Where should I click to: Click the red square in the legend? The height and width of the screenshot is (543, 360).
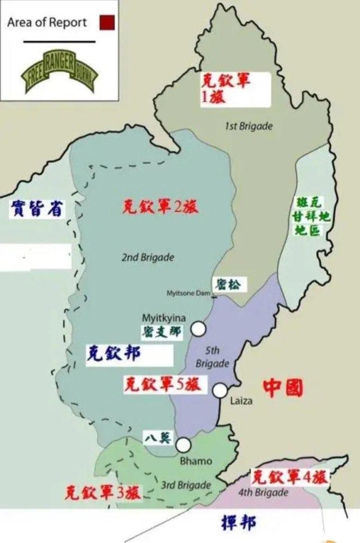(x=107, y=23)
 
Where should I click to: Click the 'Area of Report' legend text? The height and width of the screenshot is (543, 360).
(x=47, y=23)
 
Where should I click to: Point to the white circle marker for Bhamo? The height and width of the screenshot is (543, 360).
(x=183, y=445)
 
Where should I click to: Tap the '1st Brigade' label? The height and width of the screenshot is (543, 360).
(x=248, y=126)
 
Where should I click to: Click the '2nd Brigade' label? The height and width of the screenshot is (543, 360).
(x=148, y=257)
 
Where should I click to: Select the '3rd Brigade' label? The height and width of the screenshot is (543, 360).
(x=186, y=485)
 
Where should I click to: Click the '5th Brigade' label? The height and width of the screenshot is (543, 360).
(x=213, y=358)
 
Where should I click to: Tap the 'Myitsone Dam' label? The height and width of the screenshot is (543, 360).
(x=188, y=293)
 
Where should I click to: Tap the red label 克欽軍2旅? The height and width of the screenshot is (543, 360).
(x=160, y=206)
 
